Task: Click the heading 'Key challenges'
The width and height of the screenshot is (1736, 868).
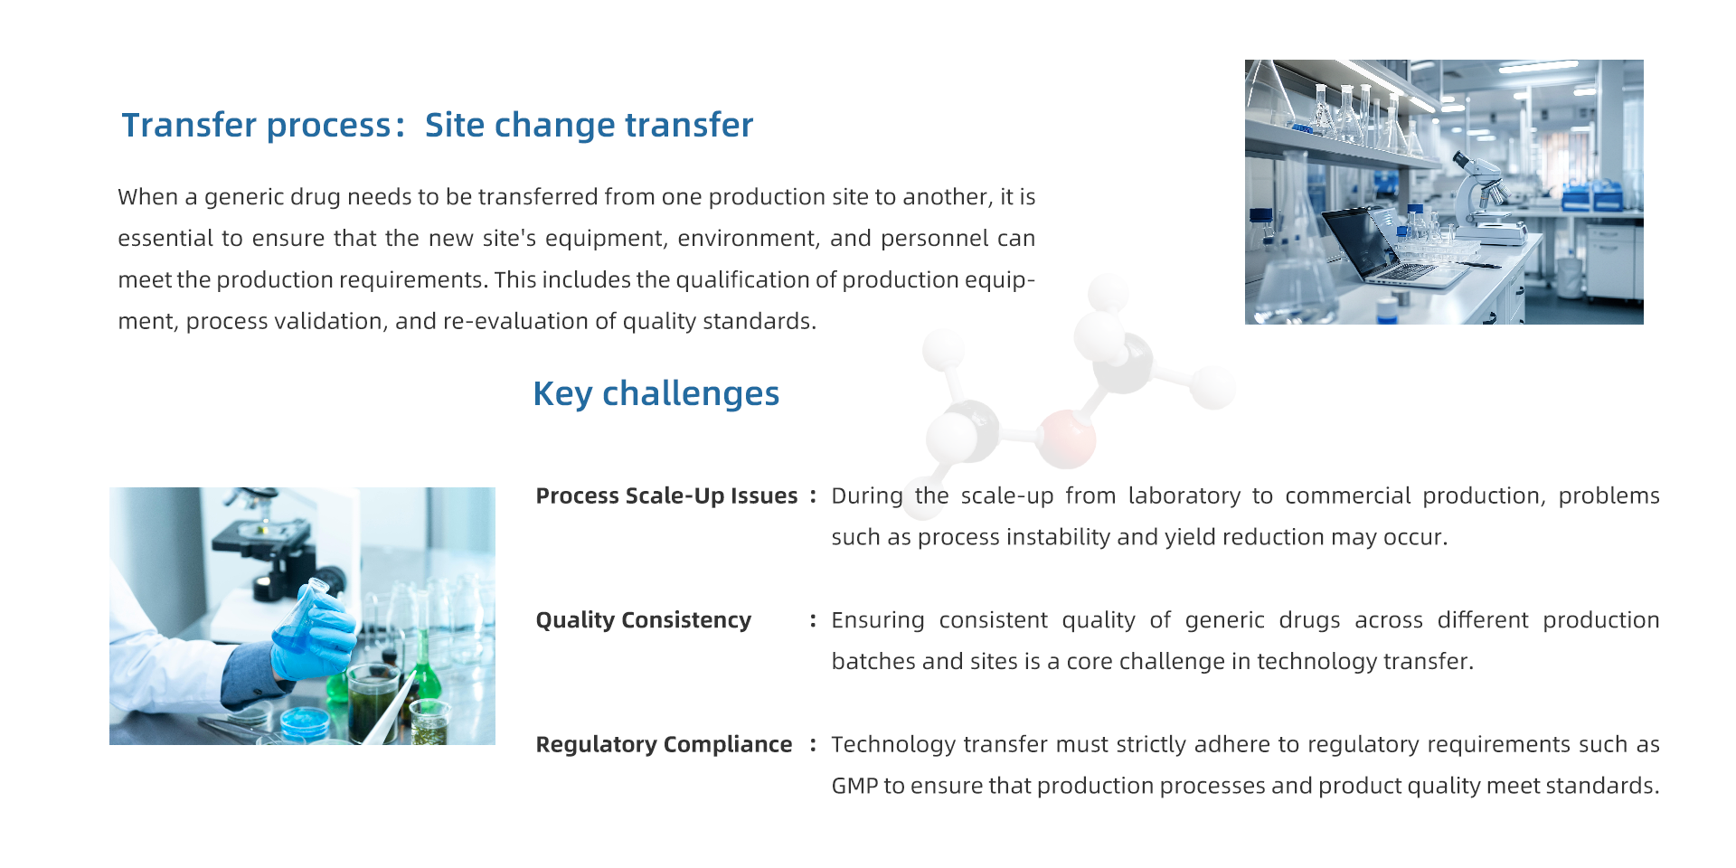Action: (656, 394)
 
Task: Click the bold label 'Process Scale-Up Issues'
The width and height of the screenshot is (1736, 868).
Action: (666, 495)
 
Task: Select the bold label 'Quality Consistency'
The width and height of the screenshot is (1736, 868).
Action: (643, 620)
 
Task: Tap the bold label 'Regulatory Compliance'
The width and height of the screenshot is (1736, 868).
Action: (664, 744)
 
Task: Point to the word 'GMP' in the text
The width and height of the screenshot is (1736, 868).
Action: (854, 786)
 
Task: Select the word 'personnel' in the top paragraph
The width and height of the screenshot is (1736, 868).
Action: (934, 239)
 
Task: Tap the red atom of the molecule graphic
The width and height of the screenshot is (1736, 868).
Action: (1066, 439)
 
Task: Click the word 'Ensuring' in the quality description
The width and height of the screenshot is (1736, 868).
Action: (878, 620)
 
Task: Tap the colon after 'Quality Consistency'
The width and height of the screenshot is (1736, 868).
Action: (813, 620)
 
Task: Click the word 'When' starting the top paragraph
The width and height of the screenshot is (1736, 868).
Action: (150, 197)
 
